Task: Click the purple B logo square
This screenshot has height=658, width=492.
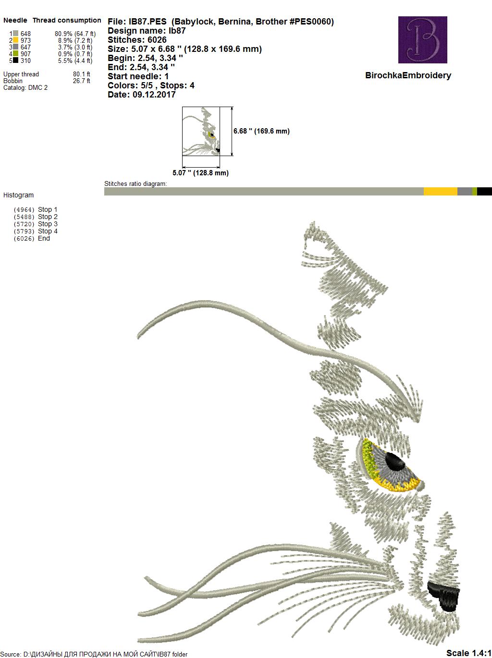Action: tap(422, 39)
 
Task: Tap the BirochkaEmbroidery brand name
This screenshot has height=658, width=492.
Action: tap(408, 75)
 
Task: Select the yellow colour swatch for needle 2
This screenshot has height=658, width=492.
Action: tap(15, 40)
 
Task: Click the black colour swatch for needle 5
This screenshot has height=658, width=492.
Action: tap(15, 60)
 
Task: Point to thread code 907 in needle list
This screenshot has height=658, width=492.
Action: tap(25, 54)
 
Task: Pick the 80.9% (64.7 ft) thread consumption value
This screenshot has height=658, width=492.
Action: tap(75, 34)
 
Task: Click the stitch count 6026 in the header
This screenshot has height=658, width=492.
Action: tap(157, 40)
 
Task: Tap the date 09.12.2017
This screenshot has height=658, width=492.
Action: tap(154, 95)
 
